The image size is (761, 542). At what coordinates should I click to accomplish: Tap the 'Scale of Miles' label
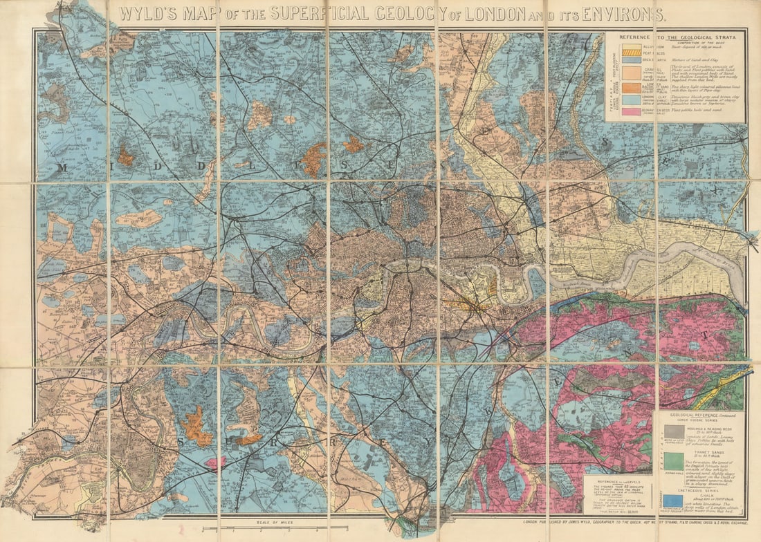click(271, 523)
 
